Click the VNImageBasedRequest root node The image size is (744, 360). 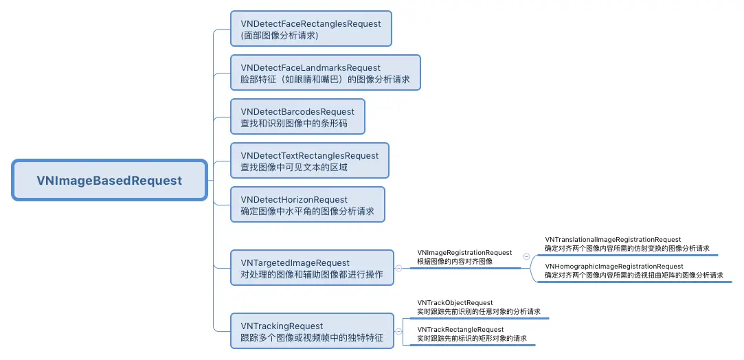(109, 181)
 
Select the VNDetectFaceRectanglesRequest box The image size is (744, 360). (311, 28)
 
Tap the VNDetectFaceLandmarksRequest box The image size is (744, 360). (326, 73)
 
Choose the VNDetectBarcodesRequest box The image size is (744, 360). (297, 117)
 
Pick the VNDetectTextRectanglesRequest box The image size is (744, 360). (310, 161)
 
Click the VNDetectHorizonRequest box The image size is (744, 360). (308, 205)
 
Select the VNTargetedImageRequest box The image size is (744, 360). (313, 268)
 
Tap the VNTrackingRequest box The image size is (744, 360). (313, 331)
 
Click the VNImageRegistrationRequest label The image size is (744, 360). (464, 253)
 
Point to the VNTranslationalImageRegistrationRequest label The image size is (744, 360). (613, 240)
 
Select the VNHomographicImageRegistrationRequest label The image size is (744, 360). (614, 266)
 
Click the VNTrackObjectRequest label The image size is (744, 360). (455, 303)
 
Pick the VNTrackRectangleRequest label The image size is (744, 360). (460, 330)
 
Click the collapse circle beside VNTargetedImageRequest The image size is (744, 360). (399, 269)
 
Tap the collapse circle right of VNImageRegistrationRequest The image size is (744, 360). (527, 256)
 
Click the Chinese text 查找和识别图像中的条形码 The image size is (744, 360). (294, 124)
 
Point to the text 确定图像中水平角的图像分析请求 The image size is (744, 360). (307, 212)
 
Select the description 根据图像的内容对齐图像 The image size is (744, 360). (455, 262)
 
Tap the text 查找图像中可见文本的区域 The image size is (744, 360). (294, 168)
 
